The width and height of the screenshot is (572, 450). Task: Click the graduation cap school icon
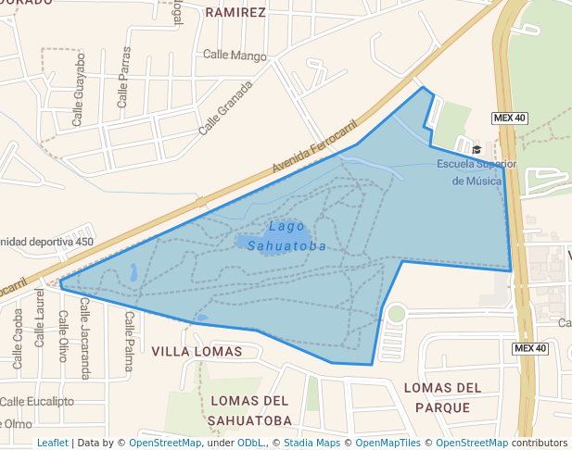477,149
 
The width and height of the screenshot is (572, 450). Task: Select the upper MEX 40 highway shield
509,118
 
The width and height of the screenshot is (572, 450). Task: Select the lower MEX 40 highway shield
530,348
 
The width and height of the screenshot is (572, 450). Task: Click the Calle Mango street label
235,56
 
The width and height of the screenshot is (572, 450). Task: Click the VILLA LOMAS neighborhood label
197,352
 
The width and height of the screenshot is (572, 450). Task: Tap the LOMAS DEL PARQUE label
443,397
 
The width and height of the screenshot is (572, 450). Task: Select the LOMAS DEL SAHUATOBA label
251,410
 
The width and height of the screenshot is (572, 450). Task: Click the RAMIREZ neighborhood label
235,13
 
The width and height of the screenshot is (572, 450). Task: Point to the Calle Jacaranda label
85,338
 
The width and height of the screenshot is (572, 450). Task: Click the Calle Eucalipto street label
37,401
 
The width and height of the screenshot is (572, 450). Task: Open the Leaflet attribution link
53,443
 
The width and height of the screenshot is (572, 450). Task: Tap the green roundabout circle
397,313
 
